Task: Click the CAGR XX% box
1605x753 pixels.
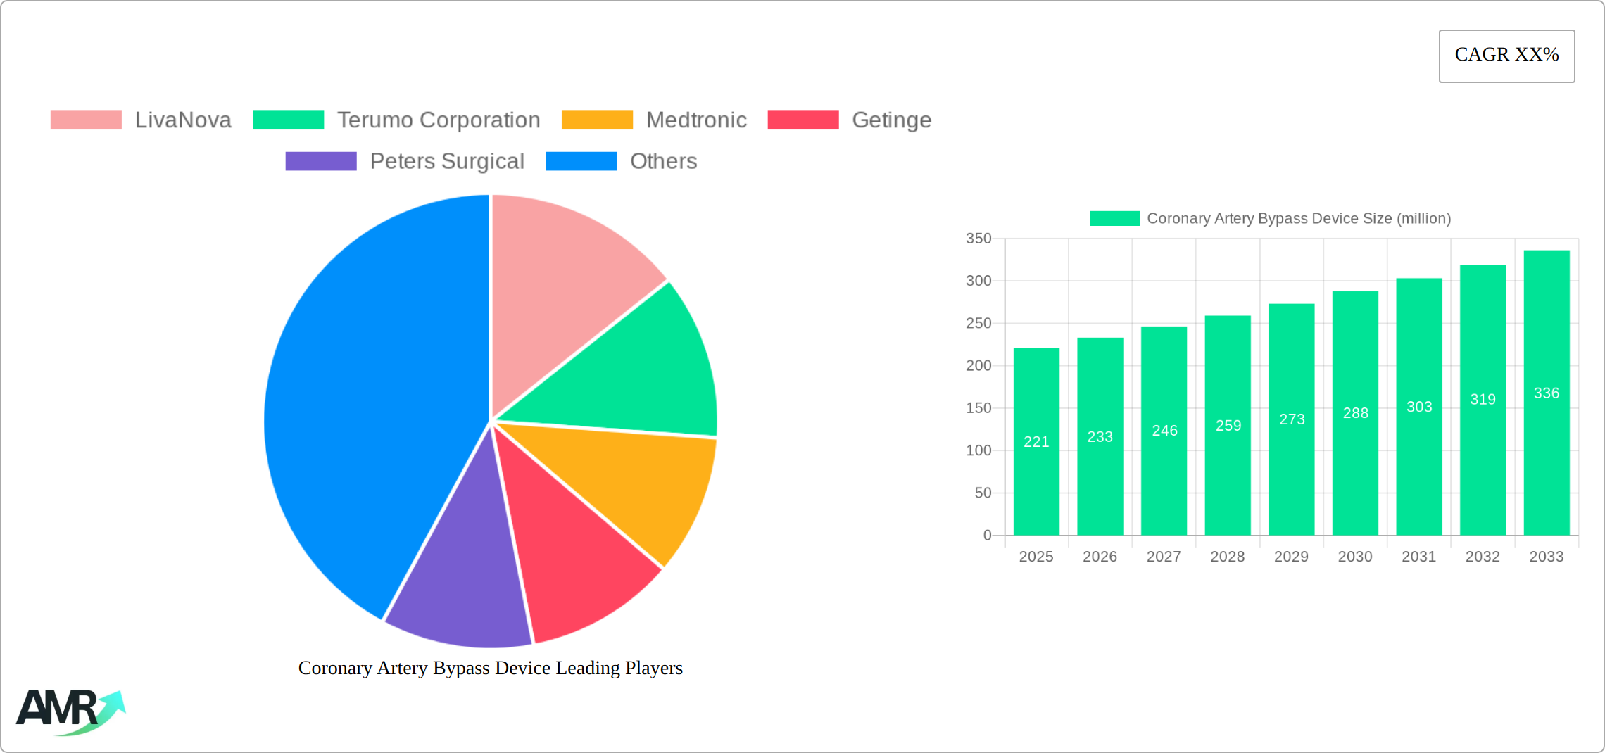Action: [x=1506, y=56]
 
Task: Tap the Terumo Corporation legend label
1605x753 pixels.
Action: [x=438, y=120]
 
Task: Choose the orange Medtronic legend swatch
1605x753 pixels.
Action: [x=597, y=120]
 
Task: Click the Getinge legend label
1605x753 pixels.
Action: [x=891, y=120]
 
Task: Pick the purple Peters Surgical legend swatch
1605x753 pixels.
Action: [x=321, y=161]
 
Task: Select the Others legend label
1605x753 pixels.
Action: [x=663, y=161]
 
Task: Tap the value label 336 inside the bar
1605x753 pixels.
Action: [x=1546, y=393]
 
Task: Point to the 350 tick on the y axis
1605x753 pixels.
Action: [x=978, y=239]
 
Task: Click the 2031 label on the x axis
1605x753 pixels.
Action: [x=1418, y=557]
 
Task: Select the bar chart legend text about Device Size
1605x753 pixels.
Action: [x=1299, y=219]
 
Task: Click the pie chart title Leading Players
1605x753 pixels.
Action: [x=490, y=668]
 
